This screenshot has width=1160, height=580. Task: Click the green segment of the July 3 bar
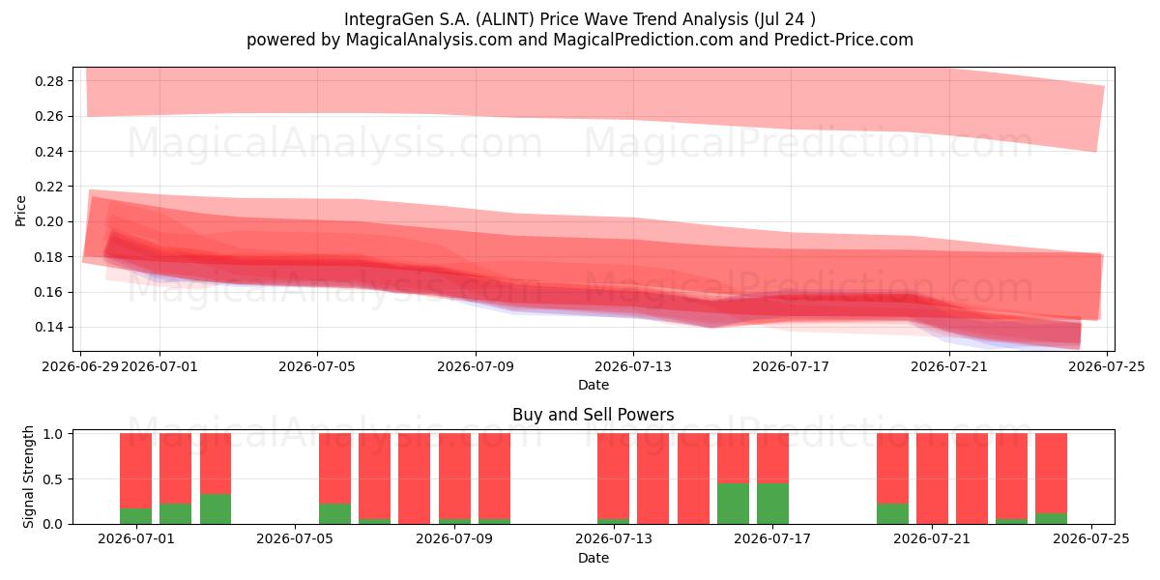pos(216,509)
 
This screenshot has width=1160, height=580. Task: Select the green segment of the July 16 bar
pos(733,504)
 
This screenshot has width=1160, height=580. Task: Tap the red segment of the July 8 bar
pos(415,478)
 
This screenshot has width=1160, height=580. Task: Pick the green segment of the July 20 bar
pos(892,513)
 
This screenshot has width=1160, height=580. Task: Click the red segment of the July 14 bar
pos(653,478)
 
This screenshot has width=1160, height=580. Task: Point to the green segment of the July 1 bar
pos(135,516)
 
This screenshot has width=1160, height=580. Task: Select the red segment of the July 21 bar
pos(932,478)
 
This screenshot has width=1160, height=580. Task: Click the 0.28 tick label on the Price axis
pos(49,81)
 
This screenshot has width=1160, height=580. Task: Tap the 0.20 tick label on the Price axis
pos(49,222)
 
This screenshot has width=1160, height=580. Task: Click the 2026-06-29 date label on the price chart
pos(79,366)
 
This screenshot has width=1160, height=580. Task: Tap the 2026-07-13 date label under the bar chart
pos(614,538)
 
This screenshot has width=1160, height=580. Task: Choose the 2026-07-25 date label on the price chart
pos(1107,366)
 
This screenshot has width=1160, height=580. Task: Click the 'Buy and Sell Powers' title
pos(594,415)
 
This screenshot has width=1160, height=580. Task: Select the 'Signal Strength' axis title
pos(28,477)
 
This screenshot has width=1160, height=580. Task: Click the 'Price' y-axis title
pos(20,211)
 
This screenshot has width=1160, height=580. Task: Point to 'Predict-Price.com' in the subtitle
pos(844,40)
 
